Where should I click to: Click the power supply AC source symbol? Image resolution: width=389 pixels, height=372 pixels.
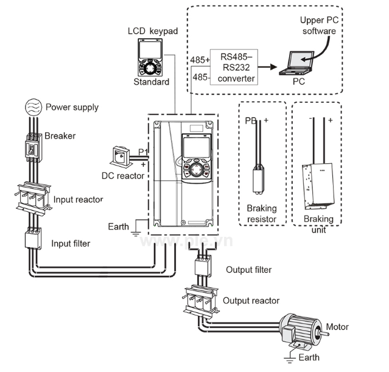(32, 107)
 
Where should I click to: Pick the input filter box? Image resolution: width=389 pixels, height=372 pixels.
(32, 238)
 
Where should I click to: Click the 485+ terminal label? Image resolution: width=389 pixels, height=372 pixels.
(200, 60)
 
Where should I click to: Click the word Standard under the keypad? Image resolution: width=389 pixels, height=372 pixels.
(151, 82)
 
